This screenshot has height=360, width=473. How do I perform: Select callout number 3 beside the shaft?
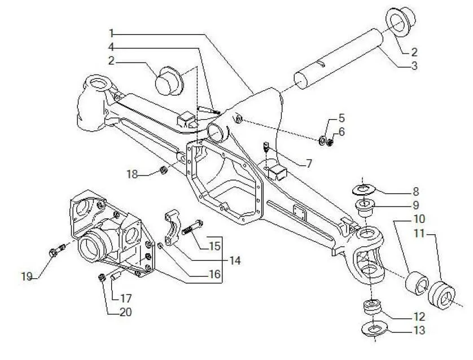tap(414, 66)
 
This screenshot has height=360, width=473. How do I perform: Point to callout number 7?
tap(309, 164)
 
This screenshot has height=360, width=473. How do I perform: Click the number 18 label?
tap(132, 174)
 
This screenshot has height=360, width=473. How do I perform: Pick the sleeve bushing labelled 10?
tap(418, 284)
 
